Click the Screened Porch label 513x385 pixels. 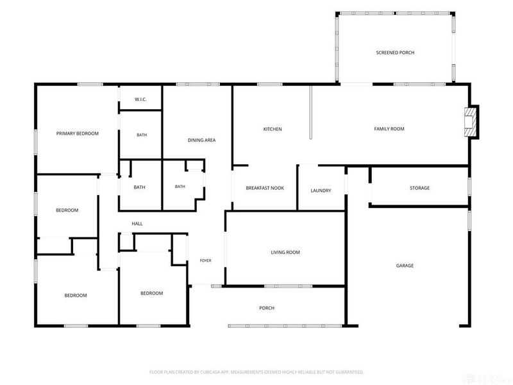pos(395,53)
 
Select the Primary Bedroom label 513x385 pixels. pos(77,133)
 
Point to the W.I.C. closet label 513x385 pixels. pos(140,99)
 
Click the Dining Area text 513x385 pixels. pos(201,140)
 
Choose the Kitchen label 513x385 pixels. pos(273,130)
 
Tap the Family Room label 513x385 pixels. pos(389,129)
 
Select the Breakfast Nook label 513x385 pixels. pos(265,188)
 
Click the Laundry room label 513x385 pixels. pos(321,191)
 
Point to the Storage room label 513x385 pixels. pos(420,188)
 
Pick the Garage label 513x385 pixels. pos(405,266)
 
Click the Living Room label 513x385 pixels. pos(285,252)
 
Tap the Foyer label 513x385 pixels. pos(205,261)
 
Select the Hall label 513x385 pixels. pos(137,224)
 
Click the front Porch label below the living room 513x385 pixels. pos(267,308)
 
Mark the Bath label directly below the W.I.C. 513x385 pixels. pos(142,135)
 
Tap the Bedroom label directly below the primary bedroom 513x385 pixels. pos(67,210)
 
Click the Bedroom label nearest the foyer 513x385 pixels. pos(152,293)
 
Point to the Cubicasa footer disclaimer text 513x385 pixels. pos(256,372)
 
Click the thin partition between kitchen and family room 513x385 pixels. pos(311,112)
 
